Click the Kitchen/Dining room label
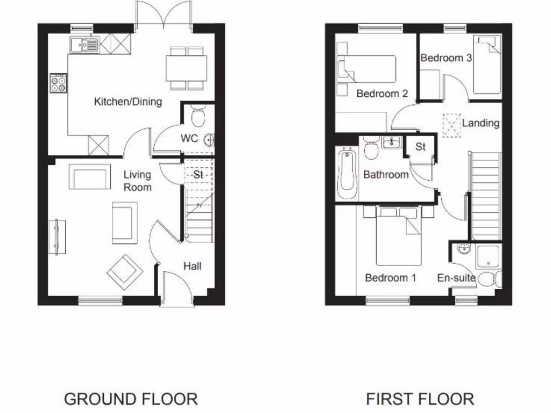128,102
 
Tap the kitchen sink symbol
84,44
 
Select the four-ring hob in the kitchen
58,83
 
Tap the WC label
189,139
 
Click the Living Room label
137,181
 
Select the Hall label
192,266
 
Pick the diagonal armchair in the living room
125,269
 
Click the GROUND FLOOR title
131,399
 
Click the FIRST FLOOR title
420,399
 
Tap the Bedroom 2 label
382,94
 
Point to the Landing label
481,123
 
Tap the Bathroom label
386,174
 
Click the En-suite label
456,278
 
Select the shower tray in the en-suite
488,257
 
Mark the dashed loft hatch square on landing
451,125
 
